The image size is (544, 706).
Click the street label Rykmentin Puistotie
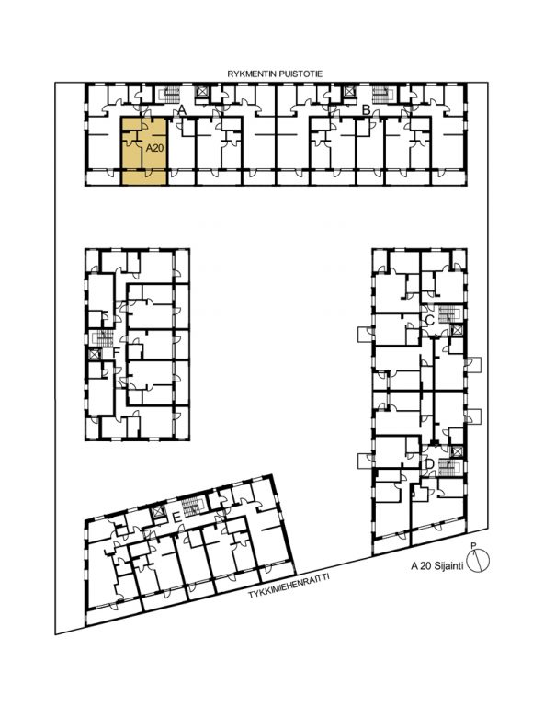275,74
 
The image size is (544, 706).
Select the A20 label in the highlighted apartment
154,148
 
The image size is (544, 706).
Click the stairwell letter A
182,109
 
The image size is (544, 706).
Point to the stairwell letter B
367,109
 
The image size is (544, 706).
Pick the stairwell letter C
430,321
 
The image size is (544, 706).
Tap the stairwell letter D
429,463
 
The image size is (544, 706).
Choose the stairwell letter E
177,518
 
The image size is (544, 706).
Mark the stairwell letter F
116,352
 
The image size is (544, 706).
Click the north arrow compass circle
478,561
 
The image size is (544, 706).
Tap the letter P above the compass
473,546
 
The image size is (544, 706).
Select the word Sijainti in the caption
448,566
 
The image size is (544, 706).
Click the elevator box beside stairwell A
202,92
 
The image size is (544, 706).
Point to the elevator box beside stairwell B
348,92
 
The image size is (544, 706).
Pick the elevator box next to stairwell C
457,330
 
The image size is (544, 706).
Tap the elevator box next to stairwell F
94,354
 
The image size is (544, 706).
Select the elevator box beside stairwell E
158,512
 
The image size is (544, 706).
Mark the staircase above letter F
103,338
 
